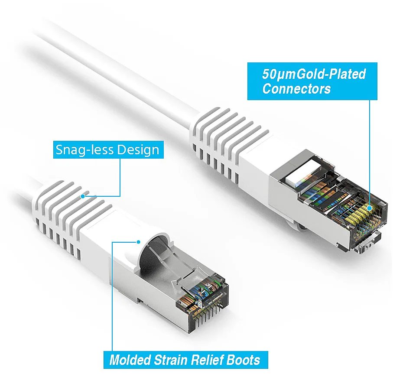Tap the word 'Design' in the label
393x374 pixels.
point(138,150)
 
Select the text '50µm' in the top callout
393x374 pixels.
point(279,75)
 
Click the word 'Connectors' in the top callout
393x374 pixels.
point(296,89)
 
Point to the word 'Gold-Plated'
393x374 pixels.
point(331,75)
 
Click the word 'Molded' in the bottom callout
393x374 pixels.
point(130,360)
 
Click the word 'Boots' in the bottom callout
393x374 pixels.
point(243,360)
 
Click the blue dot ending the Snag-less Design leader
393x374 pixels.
point(83,196)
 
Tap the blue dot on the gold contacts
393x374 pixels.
point(369,208)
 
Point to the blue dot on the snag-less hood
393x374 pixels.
point(138,242)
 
